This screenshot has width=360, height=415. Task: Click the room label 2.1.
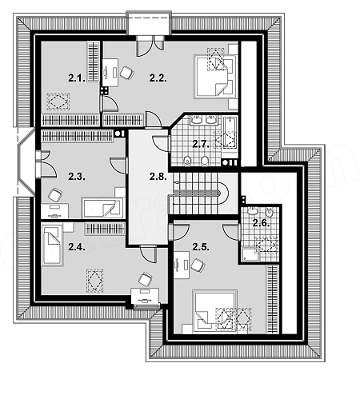[x=77, y=78]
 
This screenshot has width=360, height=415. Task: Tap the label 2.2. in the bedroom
[x=158, y=78]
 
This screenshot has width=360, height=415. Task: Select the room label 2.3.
[x=77, y=177]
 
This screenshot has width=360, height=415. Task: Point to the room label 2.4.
[x=77, y=247]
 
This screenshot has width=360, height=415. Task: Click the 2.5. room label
[x=201, y=247]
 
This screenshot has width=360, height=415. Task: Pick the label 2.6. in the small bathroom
[x=262, y=223]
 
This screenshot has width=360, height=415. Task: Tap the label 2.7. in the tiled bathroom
[x=201, y=144]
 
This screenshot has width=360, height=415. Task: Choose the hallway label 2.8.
[x=158, y=177]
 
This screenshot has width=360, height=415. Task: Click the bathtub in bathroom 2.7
[x=230, y=133]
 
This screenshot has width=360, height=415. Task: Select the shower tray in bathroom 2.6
[x=250, y=254]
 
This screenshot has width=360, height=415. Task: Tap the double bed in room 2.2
[x=216, y=77]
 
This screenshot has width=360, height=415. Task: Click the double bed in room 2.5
[x=215, y=311]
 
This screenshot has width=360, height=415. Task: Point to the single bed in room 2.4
[x=52, y=245]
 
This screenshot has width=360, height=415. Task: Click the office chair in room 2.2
[x=126, y=73]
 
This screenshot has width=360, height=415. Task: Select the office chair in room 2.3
[x=55, y=195]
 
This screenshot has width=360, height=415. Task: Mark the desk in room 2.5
[x=182, y=265]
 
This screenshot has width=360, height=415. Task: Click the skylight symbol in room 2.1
[x=58, y=102]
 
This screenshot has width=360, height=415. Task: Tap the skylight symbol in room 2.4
[x=94, y=281]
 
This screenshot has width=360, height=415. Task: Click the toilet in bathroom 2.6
[x=270, y=213]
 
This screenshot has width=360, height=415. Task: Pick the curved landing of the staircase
[x=223, y=193]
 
